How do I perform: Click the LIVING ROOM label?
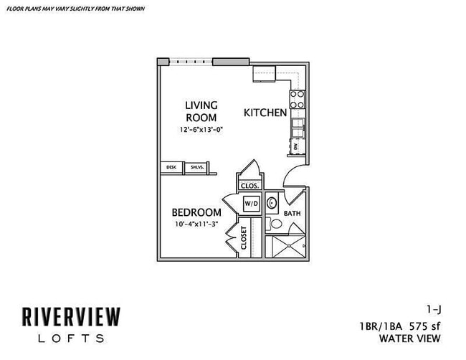click(201, 111)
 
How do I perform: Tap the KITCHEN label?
click(265, 113)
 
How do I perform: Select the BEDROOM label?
click(196, 213)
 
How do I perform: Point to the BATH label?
click(293, 214)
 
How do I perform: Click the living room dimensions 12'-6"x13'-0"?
click(201, 131)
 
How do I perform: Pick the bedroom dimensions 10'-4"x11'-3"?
click(196, 224)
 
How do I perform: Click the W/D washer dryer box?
click(251, 204)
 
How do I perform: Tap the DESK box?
click(171, 167)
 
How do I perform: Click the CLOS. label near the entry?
click(249, 185)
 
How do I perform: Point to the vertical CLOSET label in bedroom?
click(244, 237)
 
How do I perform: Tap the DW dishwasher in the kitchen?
click(295, 146)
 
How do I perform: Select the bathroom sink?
click(273, 204)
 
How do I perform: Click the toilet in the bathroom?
click(275, 224)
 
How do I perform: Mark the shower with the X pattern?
click(285, 247)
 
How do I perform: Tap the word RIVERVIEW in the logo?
click(70, 317)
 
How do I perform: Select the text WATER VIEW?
click(409, 338)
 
